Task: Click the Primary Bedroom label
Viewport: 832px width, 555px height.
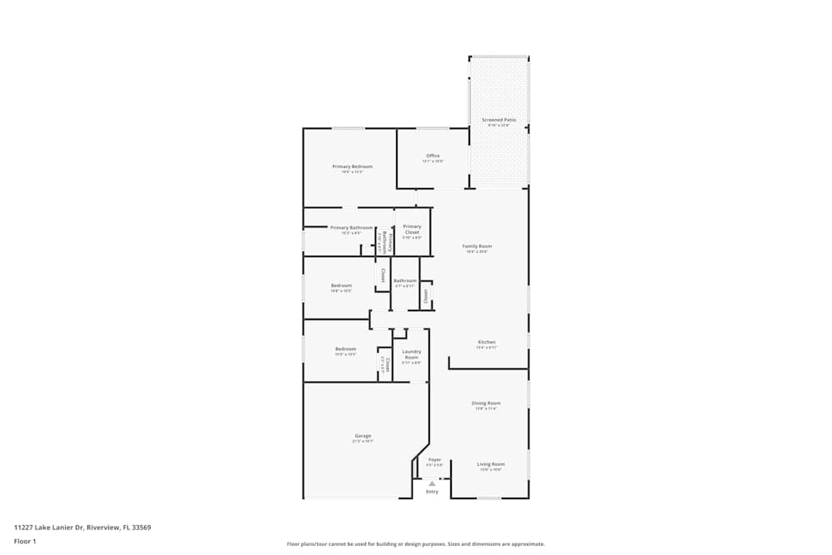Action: (x=352, y=166)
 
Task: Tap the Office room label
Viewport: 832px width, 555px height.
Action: (x=433, y=156)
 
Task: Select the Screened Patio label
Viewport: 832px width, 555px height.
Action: (x=499, y=121)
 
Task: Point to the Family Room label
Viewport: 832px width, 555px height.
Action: (x=478, y=246)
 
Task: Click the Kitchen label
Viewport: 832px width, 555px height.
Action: (x=487, y=342)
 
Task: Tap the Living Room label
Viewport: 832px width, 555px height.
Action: (x=491, y=464)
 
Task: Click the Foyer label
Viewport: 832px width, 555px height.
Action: (x=434, y=459)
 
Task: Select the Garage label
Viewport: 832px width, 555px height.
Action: (x=363, y=436)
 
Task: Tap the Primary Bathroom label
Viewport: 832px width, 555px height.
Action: (x=351, y=228)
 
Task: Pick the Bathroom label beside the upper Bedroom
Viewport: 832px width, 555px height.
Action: (x=405, y=280)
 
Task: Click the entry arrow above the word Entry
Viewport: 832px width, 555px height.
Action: (x=433, y=483)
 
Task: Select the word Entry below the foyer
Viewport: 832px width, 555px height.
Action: (x=433, y=492)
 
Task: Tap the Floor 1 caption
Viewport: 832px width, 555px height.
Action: (x=25, y=541)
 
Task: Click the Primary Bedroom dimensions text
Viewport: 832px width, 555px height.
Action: (x=352, y=172)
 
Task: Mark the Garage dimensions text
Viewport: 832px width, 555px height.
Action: (x=363, y=441)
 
